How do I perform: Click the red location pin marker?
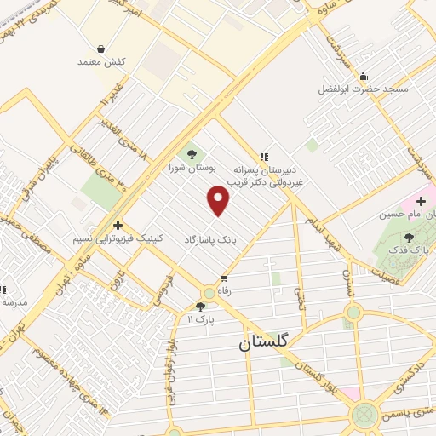[219, 201]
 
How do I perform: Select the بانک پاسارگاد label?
[209, 241]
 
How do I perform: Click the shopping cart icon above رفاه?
[225, 278]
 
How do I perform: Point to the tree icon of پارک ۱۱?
[201, 307]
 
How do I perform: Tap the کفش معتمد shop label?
[101, 62]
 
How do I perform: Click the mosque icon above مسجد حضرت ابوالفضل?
[364, 76]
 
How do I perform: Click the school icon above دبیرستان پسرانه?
[264, 156]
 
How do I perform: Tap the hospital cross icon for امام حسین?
[421, 201]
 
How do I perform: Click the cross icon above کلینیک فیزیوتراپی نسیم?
[117, 224]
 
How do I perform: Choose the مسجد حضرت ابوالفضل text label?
[364, 89]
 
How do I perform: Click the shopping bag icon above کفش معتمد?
[101, 49]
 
